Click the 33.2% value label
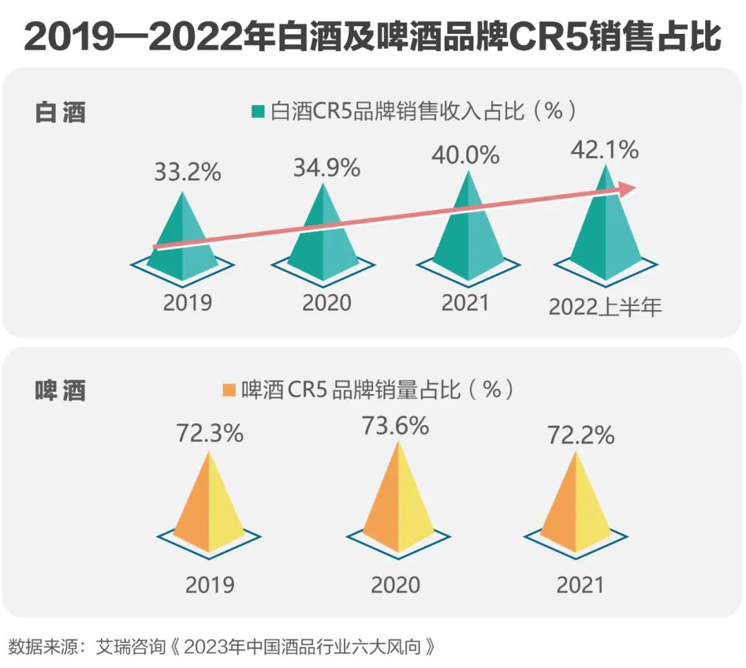click(x=187, y=172)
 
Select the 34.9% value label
click(x=326, y=167)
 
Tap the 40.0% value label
click(x=465, y=155)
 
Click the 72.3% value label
click(x=209, y=434)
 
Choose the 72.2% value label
click(x=581, y=435)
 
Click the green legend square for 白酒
click(x=258, y=111)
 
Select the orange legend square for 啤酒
click(x=228, y=390)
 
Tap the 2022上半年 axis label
click(x=605, y=306)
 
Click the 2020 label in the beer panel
click(x=395, y=585)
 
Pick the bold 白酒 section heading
click(x=61, y=112)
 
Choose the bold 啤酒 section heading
click(x=61, y=390)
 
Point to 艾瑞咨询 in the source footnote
click(x=131, y=647)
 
